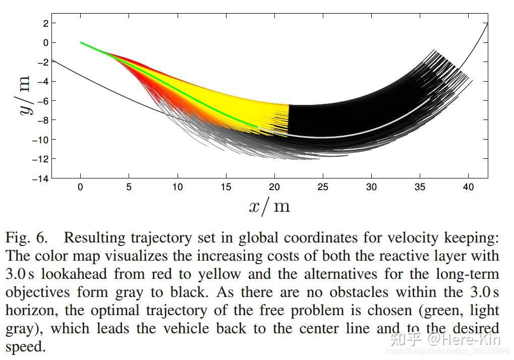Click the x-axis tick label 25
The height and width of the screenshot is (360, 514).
[323, 187]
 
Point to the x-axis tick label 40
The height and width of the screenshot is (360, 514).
[469, 187]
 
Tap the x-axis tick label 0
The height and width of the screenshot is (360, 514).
[80, 187]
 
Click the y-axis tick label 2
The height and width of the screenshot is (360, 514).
[46, 23]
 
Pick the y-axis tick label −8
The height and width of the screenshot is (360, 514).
[42, 120]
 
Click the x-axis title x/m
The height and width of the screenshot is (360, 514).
[269, 206]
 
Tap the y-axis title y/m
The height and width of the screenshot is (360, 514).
[24, 96]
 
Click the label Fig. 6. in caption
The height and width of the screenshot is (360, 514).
[26, 237]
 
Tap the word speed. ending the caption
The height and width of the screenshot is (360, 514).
[25, 347]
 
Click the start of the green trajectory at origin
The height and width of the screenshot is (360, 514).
[81, 43]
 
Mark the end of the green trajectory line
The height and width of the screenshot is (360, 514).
[257, 127]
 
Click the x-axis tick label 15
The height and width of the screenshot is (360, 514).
[226, 187]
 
